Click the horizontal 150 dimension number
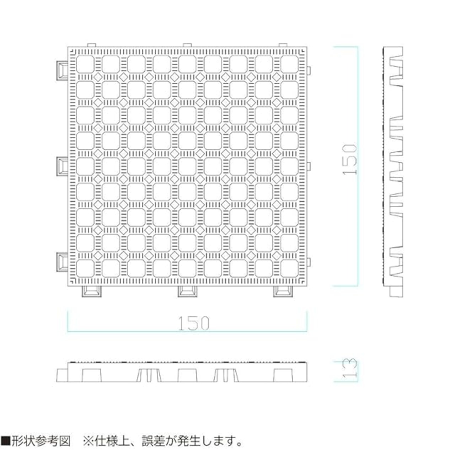(194, 323)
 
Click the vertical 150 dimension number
(350, 159)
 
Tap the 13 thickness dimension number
(350, 368)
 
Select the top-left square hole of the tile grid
(85, 64)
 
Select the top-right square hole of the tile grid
(289, 64)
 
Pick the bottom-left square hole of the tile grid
(85, 268)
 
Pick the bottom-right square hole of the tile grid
(289, 268)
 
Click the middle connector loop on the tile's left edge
(62, 166)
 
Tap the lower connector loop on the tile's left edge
(62, 263)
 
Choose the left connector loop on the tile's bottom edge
(92, 291)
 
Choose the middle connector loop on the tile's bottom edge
(187, 291)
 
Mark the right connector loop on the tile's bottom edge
(283, 291)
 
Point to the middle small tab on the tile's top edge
(187, 45)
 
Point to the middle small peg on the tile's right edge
(309, 166)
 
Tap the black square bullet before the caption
(6, 441)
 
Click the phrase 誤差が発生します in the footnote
(192, 441)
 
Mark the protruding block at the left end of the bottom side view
(62, 375)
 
